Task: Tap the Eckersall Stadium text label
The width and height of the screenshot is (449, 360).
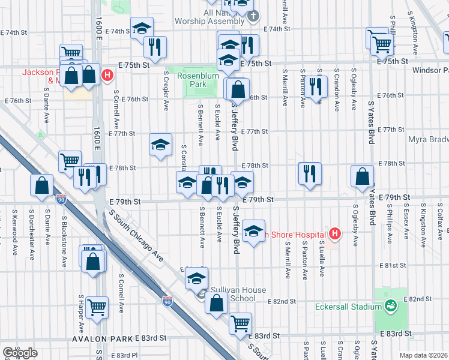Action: (343, 306)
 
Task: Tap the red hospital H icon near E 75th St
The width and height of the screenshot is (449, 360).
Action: (107, 76)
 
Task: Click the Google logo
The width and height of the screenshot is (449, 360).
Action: (20, 353)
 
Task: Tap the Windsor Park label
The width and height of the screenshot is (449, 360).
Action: (430, 70)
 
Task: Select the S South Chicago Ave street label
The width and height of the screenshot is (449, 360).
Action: (135, 235)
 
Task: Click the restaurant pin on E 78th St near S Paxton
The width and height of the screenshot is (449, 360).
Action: (309, 174)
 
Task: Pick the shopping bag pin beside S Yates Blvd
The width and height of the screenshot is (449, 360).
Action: (363, 176)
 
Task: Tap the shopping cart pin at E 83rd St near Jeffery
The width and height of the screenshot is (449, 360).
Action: (240, 323)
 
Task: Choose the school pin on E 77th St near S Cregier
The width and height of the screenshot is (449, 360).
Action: (160, 145)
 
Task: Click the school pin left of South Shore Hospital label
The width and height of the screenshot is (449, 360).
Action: (254, 230)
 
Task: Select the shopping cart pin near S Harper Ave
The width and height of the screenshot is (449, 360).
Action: (97, 307)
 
